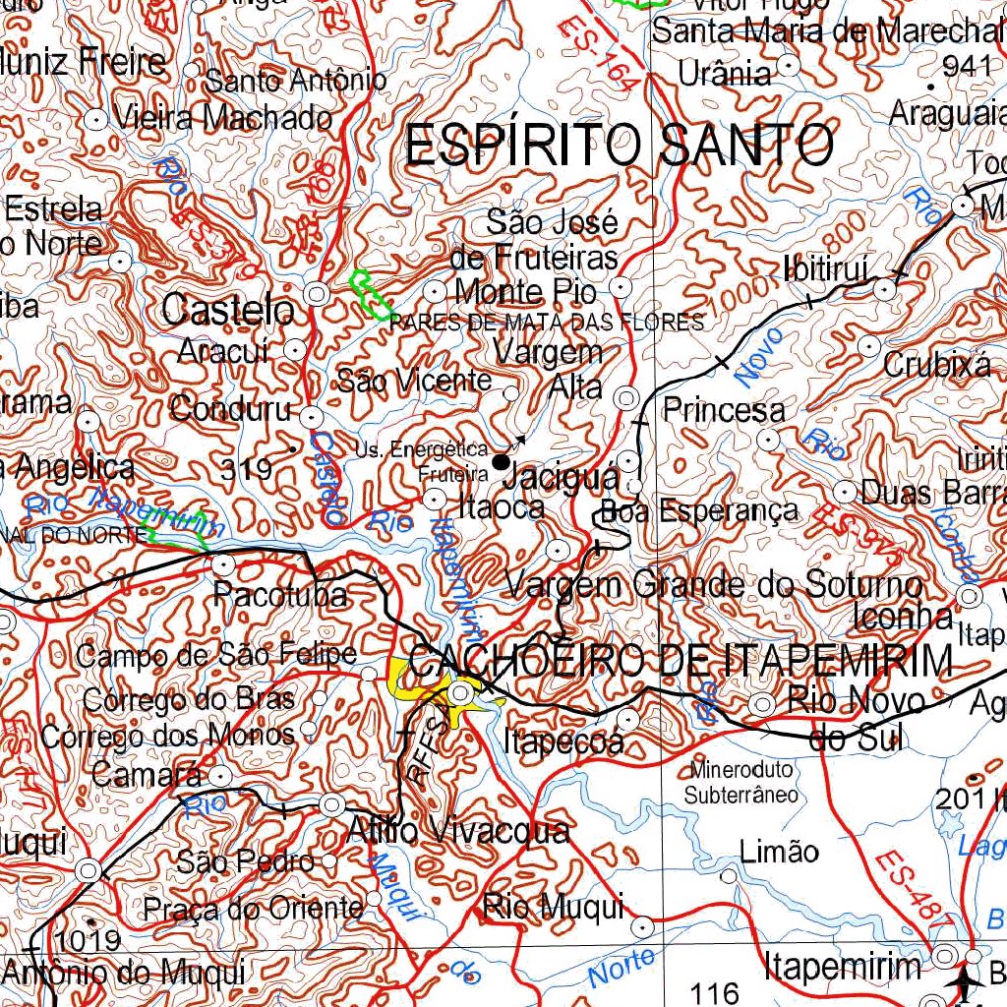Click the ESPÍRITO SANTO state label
click(x=620, y=146)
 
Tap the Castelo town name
click(x=228, y=311)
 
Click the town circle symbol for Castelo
click(x=317, y=292)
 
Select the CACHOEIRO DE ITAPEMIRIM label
click(x=680, y=660)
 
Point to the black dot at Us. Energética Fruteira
click(x=502, y=461)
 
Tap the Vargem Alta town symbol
click(x=626, y=398)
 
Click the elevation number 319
click(x=246, y=470)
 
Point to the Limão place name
click(x=779, y=851)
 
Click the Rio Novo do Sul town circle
click(x=762, y=704)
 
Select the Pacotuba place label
click(x=279, y=595)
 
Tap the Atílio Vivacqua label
click(x=458, y=831)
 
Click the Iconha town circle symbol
click(x=970, y=596)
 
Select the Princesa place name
click(x=724, y=410)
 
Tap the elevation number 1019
click(x=89, y=940)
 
